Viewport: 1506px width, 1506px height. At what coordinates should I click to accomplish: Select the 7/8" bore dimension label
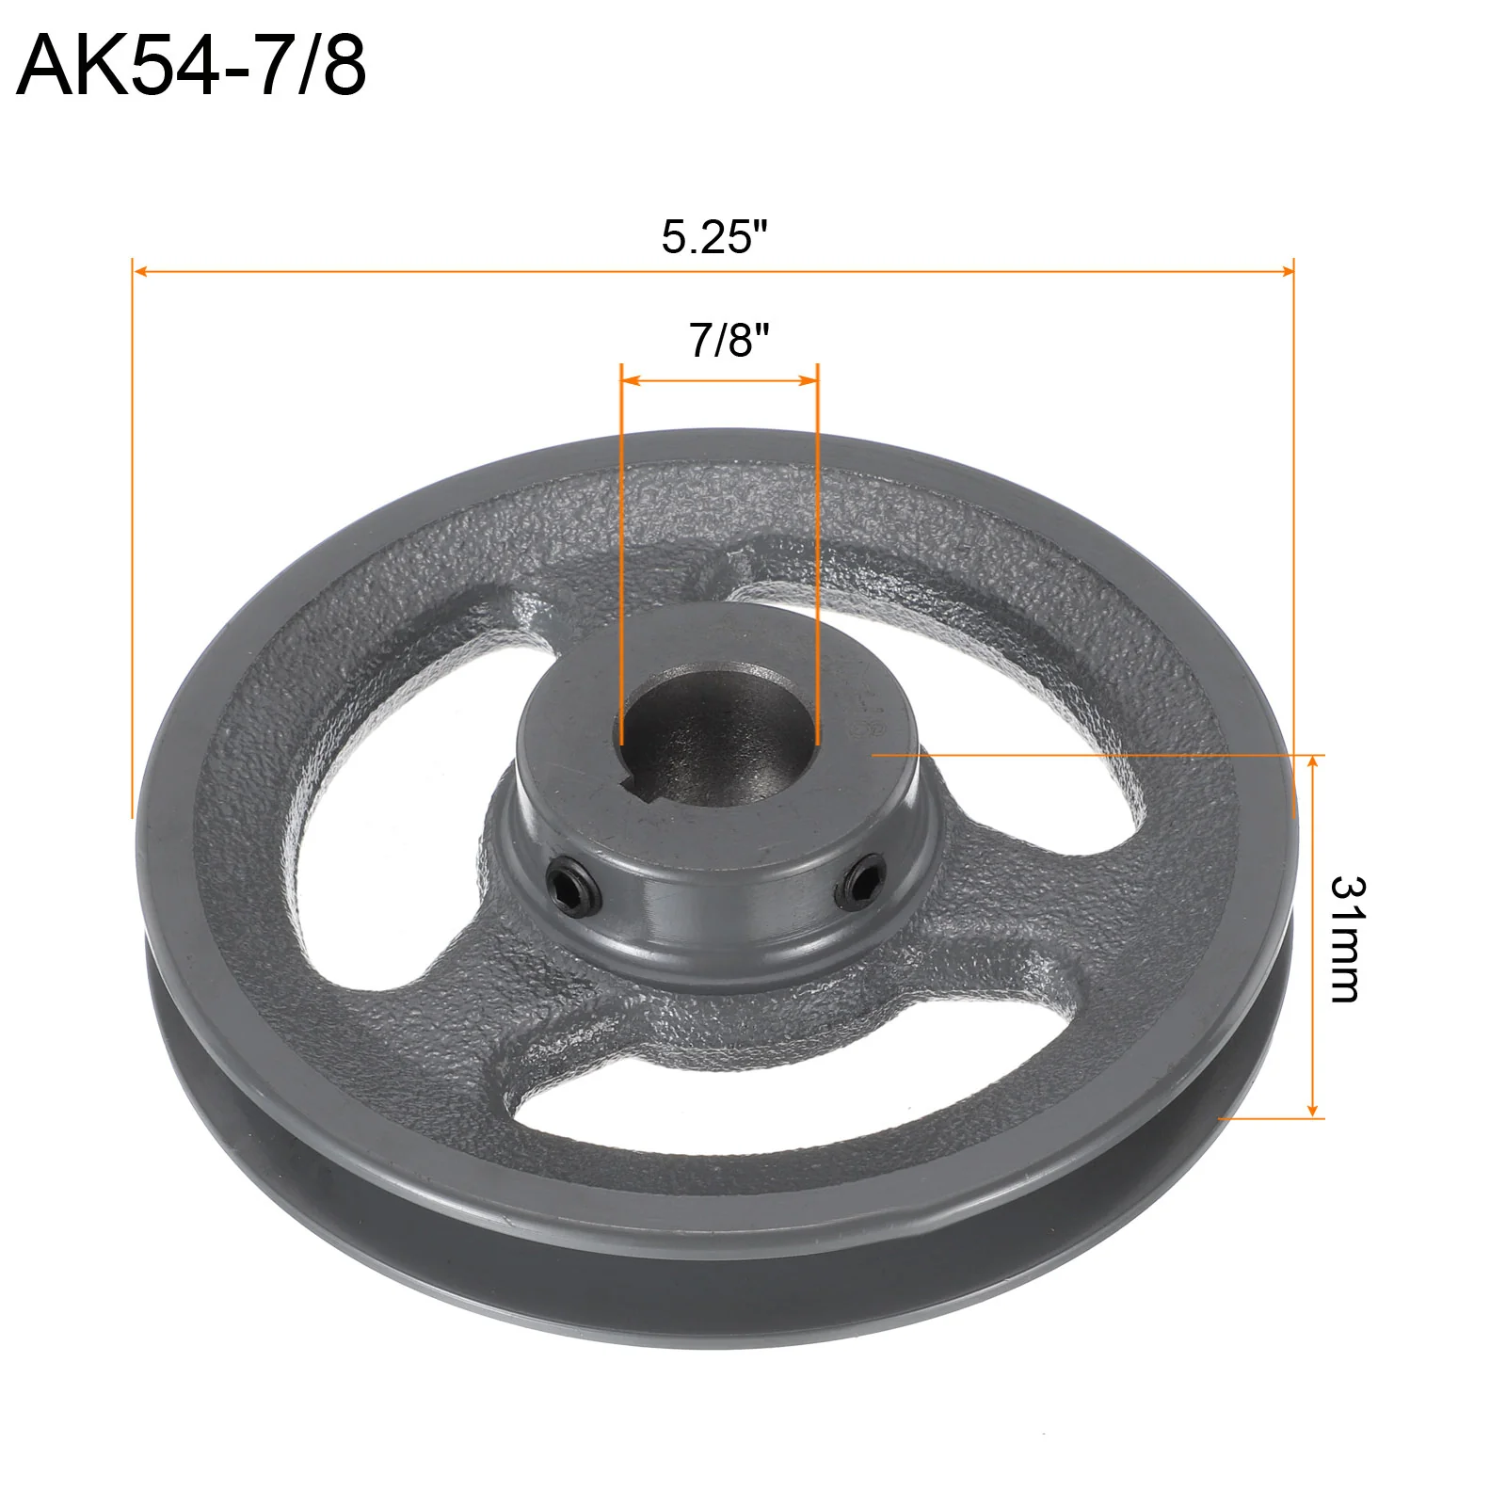[x=729, y=340]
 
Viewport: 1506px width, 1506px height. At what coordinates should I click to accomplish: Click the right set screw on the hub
[x=860, y=882]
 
